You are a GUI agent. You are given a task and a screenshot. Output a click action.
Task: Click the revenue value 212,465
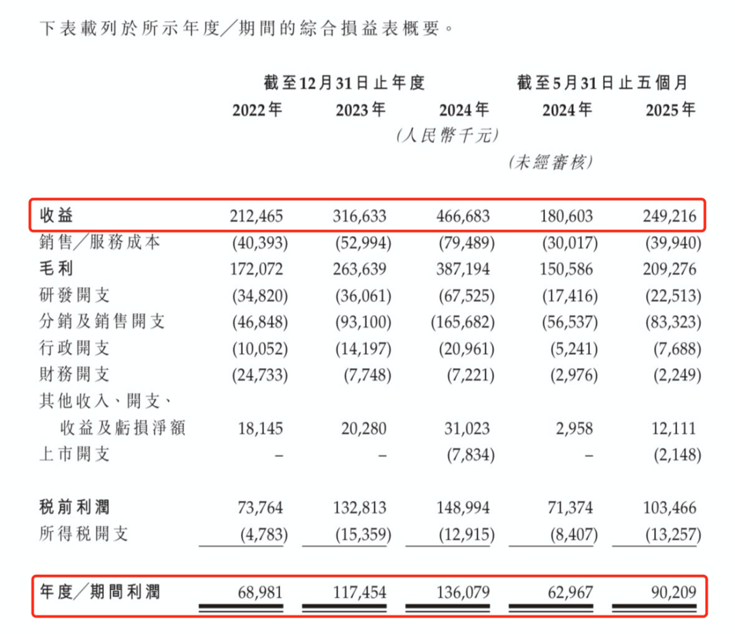coord(257,217)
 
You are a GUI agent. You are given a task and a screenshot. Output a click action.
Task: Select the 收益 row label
coord(56,216)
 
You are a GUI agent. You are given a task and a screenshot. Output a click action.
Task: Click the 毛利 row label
coord(56,269)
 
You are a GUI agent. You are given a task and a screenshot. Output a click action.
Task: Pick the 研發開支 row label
coord(74,295)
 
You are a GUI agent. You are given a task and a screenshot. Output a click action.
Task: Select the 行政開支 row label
coord(74,348)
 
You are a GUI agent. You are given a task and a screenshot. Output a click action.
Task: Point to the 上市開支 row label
coord(74,454)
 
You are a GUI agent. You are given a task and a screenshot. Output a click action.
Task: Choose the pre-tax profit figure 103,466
coord(670,507)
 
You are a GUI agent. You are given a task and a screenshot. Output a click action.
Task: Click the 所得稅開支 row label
coord(83,533)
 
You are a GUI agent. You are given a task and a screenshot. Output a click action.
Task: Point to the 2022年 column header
coord(257,110)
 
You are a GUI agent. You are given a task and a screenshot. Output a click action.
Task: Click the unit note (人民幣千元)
coord(447,136)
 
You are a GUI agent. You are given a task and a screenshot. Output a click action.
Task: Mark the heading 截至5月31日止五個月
coord(602,84)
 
